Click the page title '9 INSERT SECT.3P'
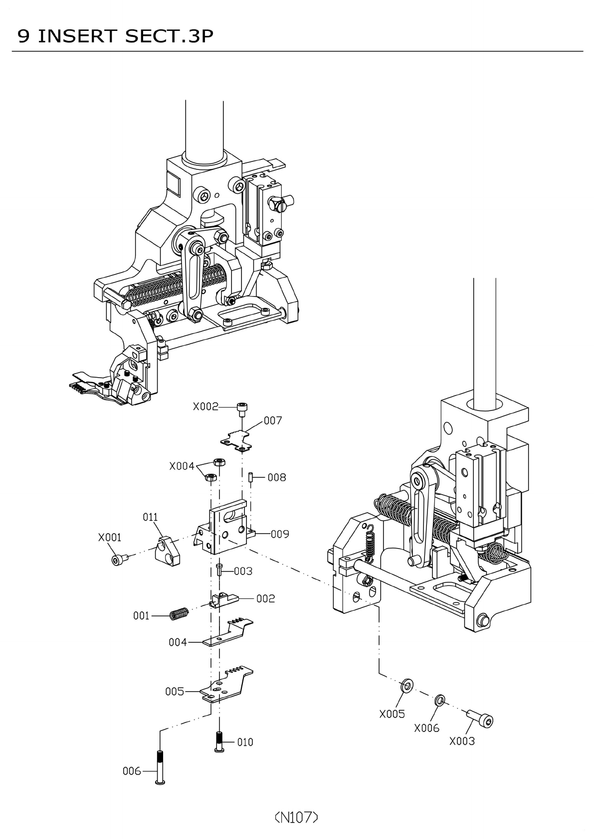(115, 36)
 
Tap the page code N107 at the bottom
(296, 817)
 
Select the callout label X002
(205, 407)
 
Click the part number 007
(273, 420)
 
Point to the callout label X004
(182, 466)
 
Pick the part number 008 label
(277, 477)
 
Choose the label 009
(280, 534)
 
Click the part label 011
(150, 517)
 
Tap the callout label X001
(110, 538)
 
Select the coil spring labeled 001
(179, 614)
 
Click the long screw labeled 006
(160, 767)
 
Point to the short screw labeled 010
(219, 741)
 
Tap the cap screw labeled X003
(481, 718)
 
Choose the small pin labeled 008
(250, 477)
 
